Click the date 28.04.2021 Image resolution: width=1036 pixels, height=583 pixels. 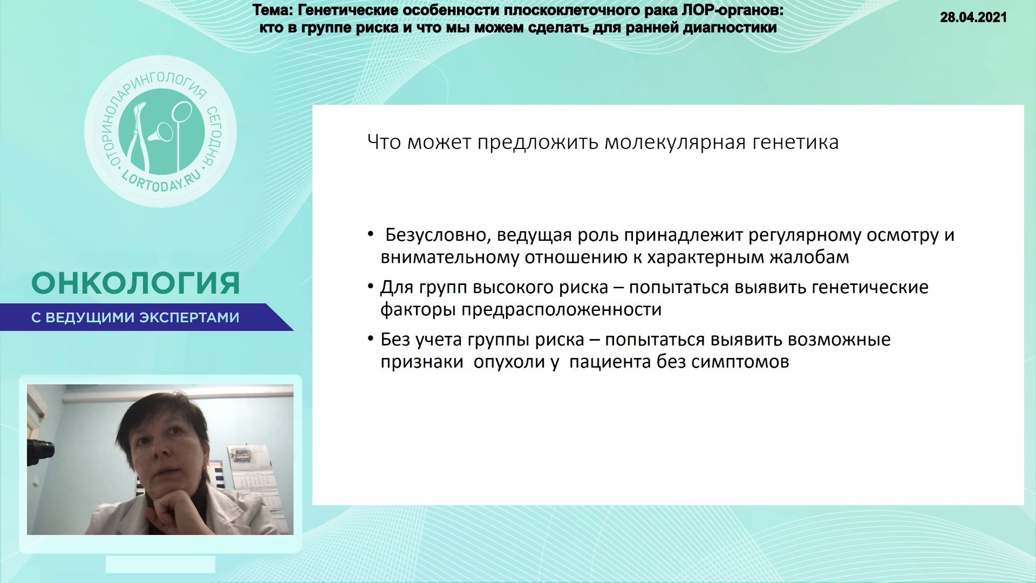click(x=973, y=17)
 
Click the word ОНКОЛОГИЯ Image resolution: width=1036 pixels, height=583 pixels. click(x=135, y=283)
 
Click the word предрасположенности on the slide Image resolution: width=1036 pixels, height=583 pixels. click(x=561, y=310)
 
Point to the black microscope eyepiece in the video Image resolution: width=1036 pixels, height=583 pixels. click(x=42, y=449)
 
